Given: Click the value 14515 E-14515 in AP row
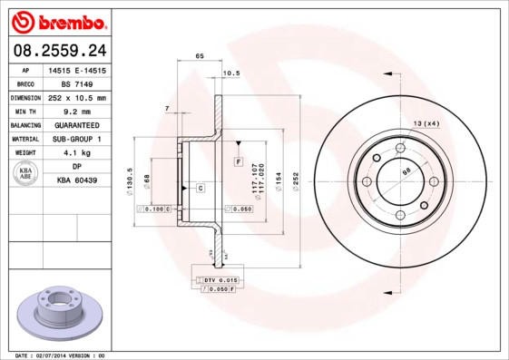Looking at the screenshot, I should (x=77, y=70).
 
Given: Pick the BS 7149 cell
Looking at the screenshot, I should (x=77, y=83).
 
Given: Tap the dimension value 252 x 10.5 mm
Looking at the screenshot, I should (x=77, y=97).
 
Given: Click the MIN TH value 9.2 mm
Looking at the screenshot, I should (x=77, y=111).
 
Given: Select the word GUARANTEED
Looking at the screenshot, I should (x=77, y=124).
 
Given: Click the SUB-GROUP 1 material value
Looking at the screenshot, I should (x=77, y=139).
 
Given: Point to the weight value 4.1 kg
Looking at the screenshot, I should (x=77, y=153).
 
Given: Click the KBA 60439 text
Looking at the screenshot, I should (x=77, y=180).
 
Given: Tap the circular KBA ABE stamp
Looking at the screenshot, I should (x=26, y=174).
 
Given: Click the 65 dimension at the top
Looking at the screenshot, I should (x=199, y=56).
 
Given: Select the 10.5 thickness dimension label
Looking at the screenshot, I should (x=230, y=73).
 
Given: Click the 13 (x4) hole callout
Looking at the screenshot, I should (x=426, y=123).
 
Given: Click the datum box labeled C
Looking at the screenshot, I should (x=200, y=188).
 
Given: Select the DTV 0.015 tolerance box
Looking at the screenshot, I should (x=220, y=280).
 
